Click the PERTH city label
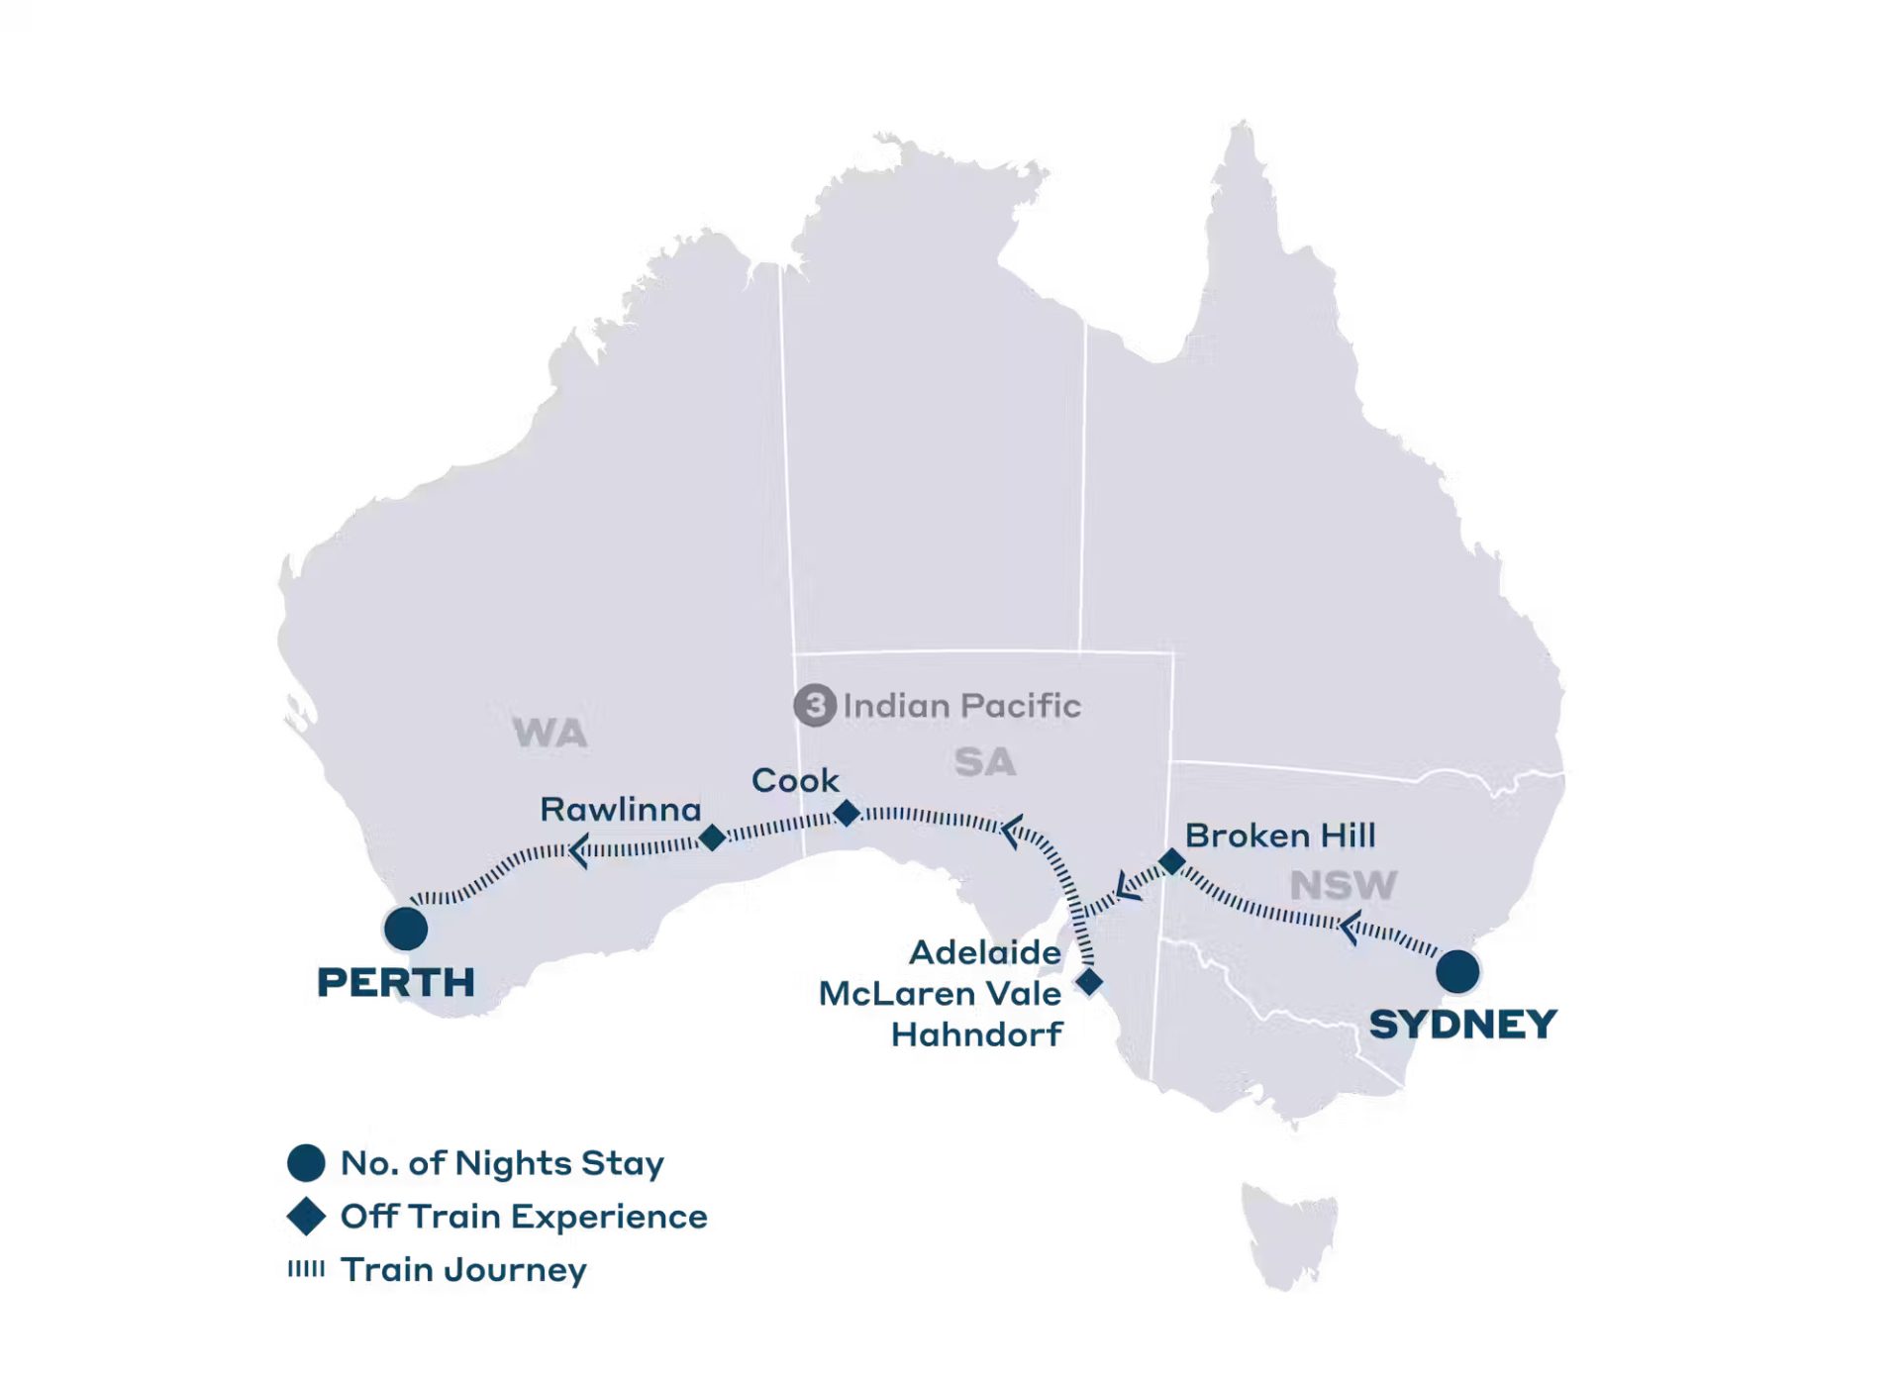[x=396, y=983]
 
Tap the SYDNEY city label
[x=1462, y=1025]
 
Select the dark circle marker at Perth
[x=406, y=929]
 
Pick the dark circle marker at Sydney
[x=1457, y=971]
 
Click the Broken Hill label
[x=1280, y=836]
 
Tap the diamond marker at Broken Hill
[x=1172, y=861]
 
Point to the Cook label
[x=795, y=780]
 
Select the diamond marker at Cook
[x=847, y=813]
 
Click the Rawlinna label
[x=621, y=810]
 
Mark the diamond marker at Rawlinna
[x=712, y=837]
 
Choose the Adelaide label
[x=985, y=952]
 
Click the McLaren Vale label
[x=940, y=993]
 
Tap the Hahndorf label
[x=976, y=1034]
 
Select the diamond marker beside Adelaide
[x=1089, y=982]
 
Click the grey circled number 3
[x=815, y=706]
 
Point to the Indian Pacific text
[x=961, y=706]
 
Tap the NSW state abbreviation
[x=1343, y=885]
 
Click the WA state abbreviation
[x=550, y=734]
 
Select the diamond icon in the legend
[x=306, y=1216]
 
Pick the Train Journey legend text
[x=463, y=1269]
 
